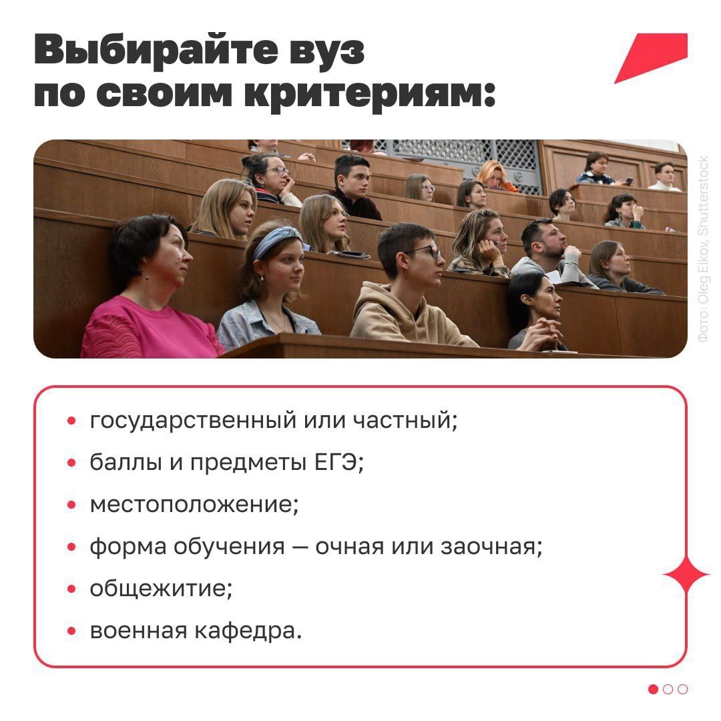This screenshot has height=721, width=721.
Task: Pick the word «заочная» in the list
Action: (x=491, y=547)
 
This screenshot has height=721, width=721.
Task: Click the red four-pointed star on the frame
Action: (x=686, y=574)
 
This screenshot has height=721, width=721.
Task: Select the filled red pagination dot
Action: (x=653, y=690)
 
